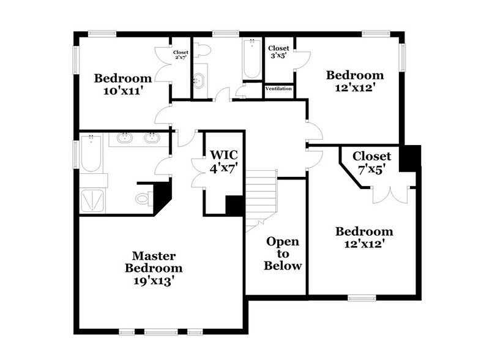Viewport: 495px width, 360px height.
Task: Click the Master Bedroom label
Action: tap(155, 261)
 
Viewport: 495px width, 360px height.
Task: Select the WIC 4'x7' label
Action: tap(223, 162)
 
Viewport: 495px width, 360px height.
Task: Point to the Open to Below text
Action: tap(283, 253)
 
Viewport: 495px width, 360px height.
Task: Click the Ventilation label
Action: tap(279, 89)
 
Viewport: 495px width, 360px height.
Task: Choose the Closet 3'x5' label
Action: tap(279, 52)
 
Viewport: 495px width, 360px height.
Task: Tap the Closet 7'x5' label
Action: tap(371, 162)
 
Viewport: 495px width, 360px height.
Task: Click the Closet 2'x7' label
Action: tap(181, 55)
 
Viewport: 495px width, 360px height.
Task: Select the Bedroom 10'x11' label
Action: tap(122, 84)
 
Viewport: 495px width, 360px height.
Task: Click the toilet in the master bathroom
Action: tap(143, 198)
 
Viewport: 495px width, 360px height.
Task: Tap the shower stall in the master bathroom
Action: tap(94, 200)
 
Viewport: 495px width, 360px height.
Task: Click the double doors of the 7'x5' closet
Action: tap(388, 193)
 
